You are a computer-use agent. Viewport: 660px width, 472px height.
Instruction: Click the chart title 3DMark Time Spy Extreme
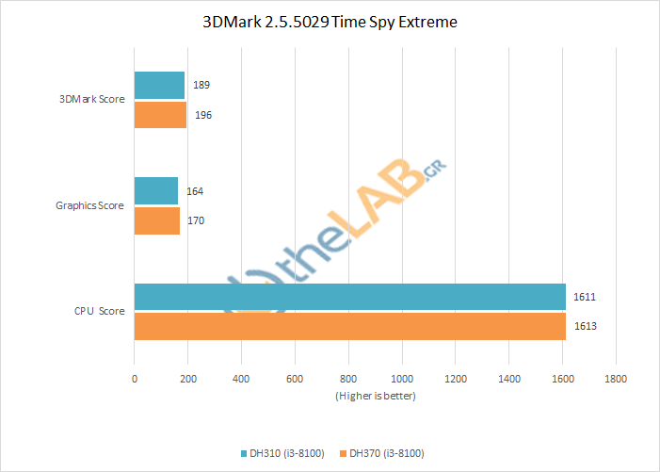(330, 22)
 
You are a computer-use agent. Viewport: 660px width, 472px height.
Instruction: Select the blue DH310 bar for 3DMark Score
(159, 86)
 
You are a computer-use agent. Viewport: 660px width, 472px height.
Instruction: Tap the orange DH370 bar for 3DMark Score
(160, 115)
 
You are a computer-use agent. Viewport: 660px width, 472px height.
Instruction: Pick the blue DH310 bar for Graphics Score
(156, 191)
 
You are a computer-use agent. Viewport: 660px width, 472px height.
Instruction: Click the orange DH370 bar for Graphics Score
(157, 220)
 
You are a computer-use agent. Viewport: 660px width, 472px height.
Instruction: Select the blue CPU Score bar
(349, 297)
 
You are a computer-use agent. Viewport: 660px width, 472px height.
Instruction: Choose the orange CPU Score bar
(350, 326)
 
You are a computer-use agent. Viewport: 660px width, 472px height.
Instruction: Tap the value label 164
(194, 191)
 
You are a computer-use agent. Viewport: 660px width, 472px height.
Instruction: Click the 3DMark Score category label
(92, 99)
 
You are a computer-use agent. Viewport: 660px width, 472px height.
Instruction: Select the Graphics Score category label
(90, 205)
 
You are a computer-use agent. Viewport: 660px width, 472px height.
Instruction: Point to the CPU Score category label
(100, 311)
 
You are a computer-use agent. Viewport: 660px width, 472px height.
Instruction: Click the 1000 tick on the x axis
(402, 379)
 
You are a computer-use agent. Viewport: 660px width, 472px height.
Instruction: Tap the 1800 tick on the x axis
(616, 379)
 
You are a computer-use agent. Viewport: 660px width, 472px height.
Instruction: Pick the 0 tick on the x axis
(135, 379)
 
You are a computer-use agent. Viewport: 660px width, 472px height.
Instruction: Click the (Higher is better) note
(375, 396)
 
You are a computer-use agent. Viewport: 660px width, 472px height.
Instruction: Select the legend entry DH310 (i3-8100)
(284, 453)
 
